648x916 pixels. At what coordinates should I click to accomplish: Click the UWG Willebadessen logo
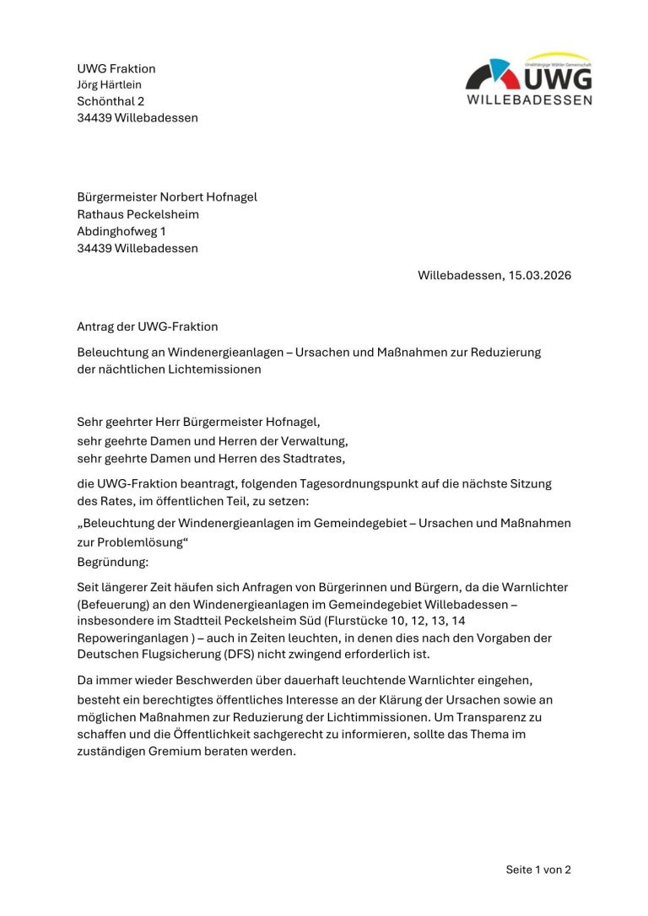point(529,79)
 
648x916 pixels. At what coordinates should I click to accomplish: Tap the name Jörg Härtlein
point(110,84)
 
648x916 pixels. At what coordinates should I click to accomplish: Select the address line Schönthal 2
point(111,101)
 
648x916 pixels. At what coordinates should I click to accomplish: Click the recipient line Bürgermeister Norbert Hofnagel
point(167,197)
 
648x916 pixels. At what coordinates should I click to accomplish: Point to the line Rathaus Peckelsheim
point(138,214)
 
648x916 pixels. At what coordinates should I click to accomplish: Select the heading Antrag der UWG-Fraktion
point(148,326)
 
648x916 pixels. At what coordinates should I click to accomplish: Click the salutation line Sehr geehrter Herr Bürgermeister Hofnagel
point(198,422)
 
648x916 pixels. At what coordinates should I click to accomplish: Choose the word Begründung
point(112,560)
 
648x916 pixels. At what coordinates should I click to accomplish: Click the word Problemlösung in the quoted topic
point(136,543)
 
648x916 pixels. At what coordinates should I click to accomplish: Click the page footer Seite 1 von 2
point(538,870)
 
